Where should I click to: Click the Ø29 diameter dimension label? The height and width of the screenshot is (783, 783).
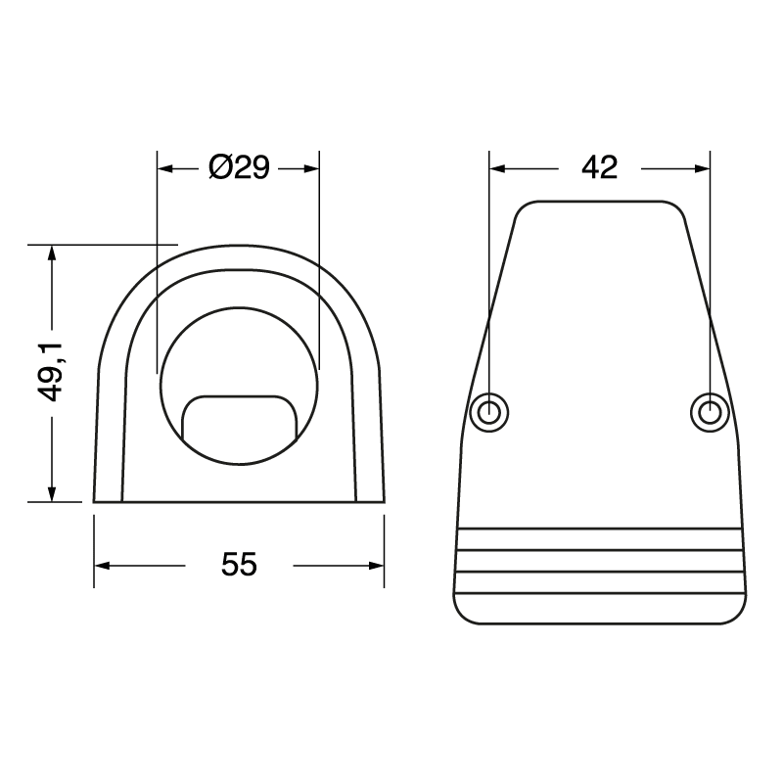[239, 168]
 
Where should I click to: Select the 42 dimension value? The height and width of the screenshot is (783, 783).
[599, 168]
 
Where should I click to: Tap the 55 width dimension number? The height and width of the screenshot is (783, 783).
[239, 565]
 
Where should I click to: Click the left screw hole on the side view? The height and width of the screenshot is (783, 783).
[489, 411]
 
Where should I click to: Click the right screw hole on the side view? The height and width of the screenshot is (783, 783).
[709, 411]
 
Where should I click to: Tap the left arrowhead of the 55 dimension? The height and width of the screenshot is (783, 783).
[102, 565]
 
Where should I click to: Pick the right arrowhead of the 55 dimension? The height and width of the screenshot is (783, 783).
[376, 565]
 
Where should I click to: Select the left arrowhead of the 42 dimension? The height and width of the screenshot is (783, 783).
[497, 168]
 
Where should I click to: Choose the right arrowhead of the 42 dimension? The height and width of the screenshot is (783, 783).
[701, 168]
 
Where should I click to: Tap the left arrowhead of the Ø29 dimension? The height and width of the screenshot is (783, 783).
[165, 168]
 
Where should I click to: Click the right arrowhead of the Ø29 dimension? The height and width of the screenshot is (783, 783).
[312, 168]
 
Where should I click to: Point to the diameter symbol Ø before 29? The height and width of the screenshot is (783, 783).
[220, 168]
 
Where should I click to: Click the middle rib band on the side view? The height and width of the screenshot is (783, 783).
[599, 561]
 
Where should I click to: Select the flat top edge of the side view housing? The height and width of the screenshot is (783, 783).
[599, 202]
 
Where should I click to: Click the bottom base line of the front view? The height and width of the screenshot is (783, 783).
[239, 501]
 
